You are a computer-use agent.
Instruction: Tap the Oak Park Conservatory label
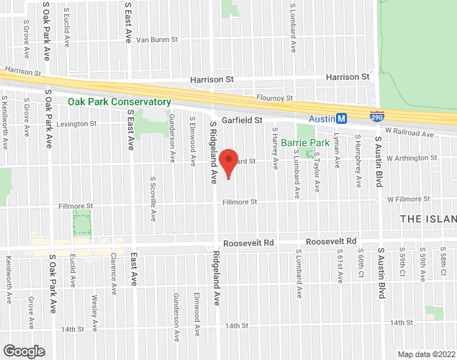tap(119, 102)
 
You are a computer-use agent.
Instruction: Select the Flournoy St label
tap(275, 98)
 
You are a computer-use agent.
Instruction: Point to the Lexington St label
tap(76, 124)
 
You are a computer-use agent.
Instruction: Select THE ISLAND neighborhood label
tap(427, 218)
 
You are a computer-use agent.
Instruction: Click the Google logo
tap(23, 351)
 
